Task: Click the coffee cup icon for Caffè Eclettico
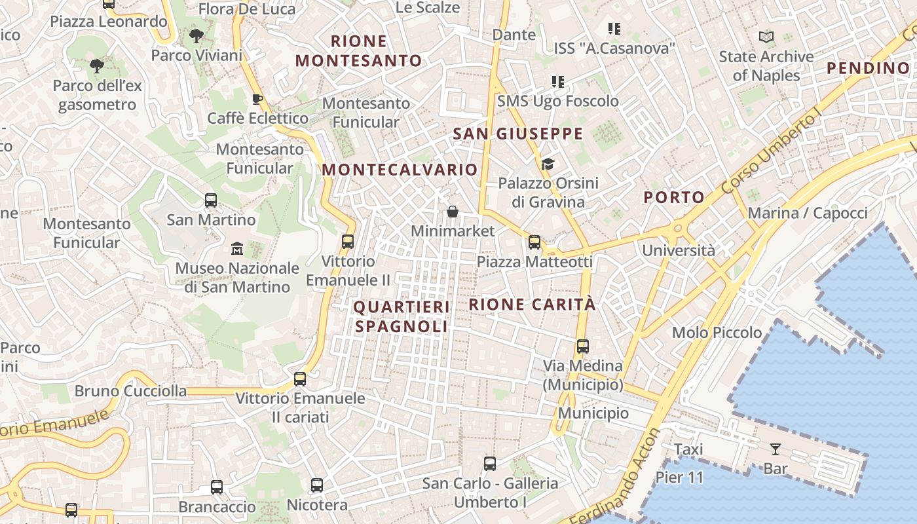coord(257,100)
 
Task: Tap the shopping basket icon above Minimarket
coord(452,212)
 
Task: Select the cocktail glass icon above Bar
coord(776,449)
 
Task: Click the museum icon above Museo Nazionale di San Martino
coord(236,249)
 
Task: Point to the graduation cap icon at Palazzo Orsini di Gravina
coord(548,164)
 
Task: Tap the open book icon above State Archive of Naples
coord(766,37)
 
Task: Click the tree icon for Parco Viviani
coord(195,36)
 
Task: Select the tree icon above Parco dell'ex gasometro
coord(96,66)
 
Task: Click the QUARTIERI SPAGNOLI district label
coord(402,316)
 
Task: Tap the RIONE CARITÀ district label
coord(533,305)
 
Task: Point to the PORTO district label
coord(673,197)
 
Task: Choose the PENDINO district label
coord(868,67)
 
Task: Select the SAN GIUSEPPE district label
coord(517,134)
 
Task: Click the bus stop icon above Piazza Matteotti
coord(534,242)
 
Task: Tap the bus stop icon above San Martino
coord(210,200)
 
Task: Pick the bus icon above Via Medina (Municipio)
coord(582,346)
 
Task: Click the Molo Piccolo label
coord(717,333)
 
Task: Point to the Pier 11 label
coord(679,477)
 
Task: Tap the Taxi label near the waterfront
coord(688,449)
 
